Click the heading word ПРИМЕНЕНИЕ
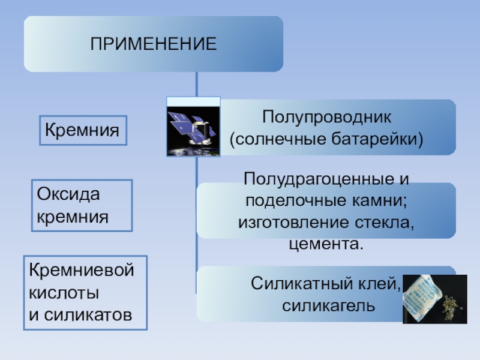click(x=153, y=44)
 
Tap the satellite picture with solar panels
click(x=193, y=127)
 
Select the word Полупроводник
click(x=326, y=118)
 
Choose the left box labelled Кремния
click(x=83, y=130)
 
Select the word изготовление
click(x=289, y=223)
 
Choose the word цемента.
click(x=326, y=244)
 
